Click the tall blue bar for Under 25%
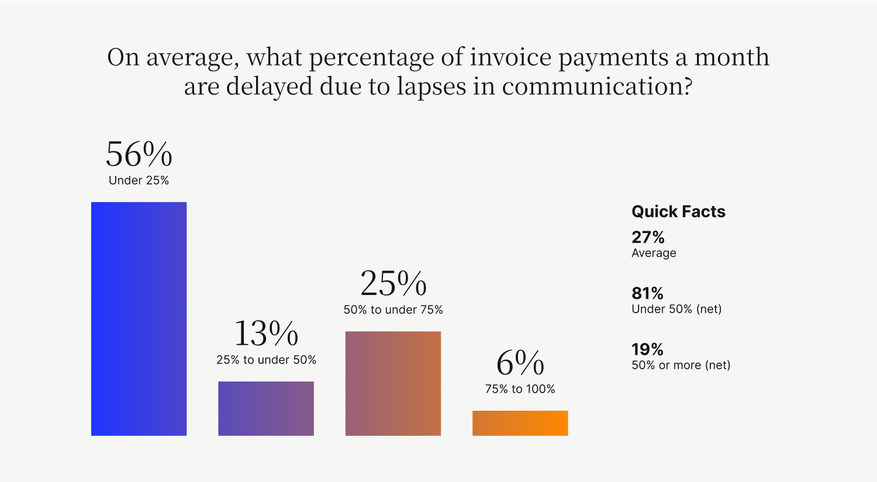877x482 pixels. (x=139, y=319)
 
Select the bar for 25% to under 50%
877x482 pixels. (x=266, y=408)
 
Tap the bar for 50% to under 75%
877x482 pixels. (x=393, y=383)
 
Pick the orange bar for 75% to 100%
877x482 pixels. (x=520, y=424)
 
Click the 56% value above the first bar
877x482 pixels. (x=139, y=154)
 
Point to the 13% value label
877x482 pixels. (x=266, y=334)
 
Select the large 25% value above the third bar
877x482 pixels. (x=393, y=283)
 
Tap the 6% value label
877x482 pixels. (x=520, y=363)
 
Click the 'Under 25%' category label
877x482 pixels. (x=139, y=181)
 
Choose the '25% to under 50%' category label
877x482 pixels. (x=266, y=359)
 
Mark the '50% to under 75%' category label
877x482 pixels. (x=393, y=310)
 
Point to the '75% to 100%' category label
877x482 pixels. (x=520, y=389)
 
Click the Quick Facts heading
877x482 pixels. (x=678, y=211)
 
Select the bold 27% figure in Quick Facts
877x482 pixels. (x=648, y=237)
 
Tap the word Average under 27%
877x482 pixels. (x=654, y=253)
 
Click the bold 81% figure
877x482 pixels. (x=648, y=293)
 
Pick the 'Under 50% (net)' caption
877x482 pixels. (x=676, y=309)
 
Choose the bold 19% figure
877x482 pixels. (x=648, y=349)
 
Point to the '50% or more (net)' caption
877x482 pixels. (x=681, y=365)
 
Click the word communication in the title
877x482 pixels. (x=597, y=86)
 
